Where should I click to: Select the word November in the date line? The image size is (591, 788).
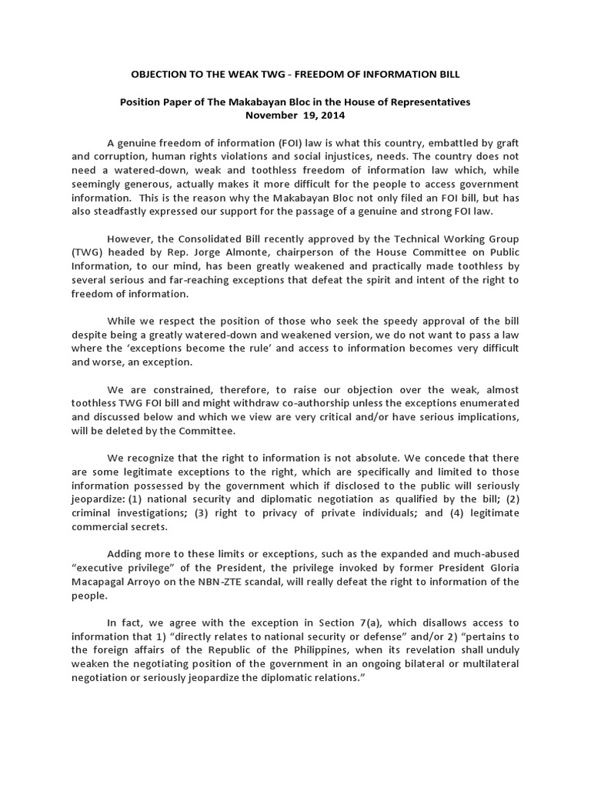(x=273, y=115)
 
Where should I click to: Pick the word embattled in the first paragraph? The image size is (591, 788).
(x=416, y=143)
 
